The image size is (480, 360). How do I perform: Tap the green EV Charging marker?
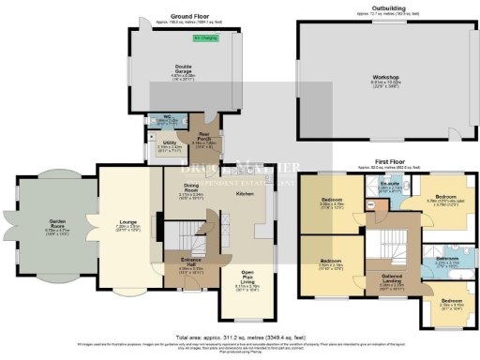tap(203, 38)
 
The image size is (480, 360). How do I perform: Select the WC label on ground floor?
tap(160, 120)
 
